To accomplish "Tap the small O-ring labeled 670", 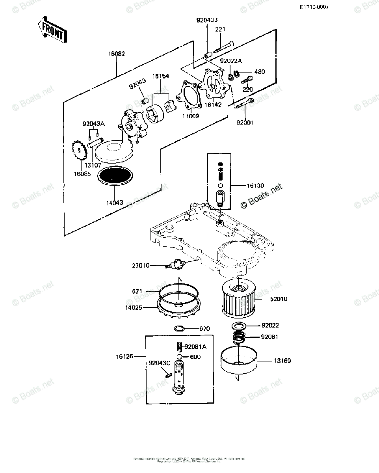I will [179, 328].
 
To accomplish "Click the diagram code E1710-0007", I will [314, 7].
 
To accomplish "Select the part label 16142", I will [213, 105].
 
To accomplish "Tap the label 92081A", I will [195, 347].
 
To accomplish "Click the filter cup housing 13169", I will [238, 359].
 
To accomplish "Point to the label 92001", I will [245, 123].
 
